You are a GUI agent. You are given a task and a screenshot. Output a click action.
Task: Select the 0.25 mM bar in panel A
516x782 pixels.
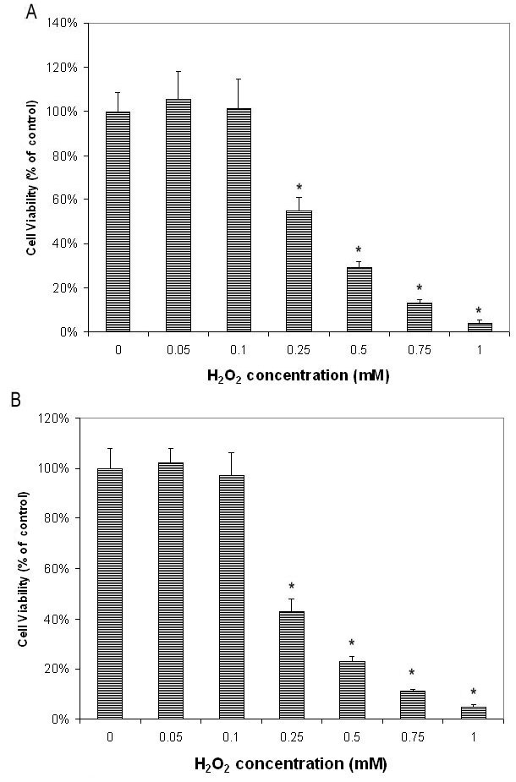tap(299, 271)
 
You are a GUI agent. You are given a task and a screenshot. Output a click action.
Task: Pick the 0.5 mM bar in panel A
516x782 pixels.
tap(359, 299)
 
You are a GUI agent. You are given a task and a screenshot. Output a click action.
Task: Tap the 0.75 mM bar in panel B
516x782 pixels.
tap(412, 704)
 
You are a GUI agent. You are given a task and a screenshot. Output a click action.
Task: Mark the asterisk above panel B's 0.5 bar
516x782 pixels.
tap(351, 643)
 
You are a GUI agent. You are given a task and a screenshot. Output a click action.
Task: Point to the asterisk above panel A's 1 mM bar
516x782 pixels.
tap(479, 310)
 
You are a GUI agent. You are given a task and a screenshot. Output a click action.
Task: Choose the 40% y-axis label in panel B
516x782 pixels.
tap(65, 619)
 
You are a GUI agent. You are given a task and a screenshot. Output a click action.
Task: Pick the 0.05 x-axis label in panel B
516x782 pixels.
tap(171, 736)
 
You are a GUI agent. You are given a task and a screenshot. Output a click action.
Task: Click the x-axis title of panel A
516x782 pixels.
tap(299, 375)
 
